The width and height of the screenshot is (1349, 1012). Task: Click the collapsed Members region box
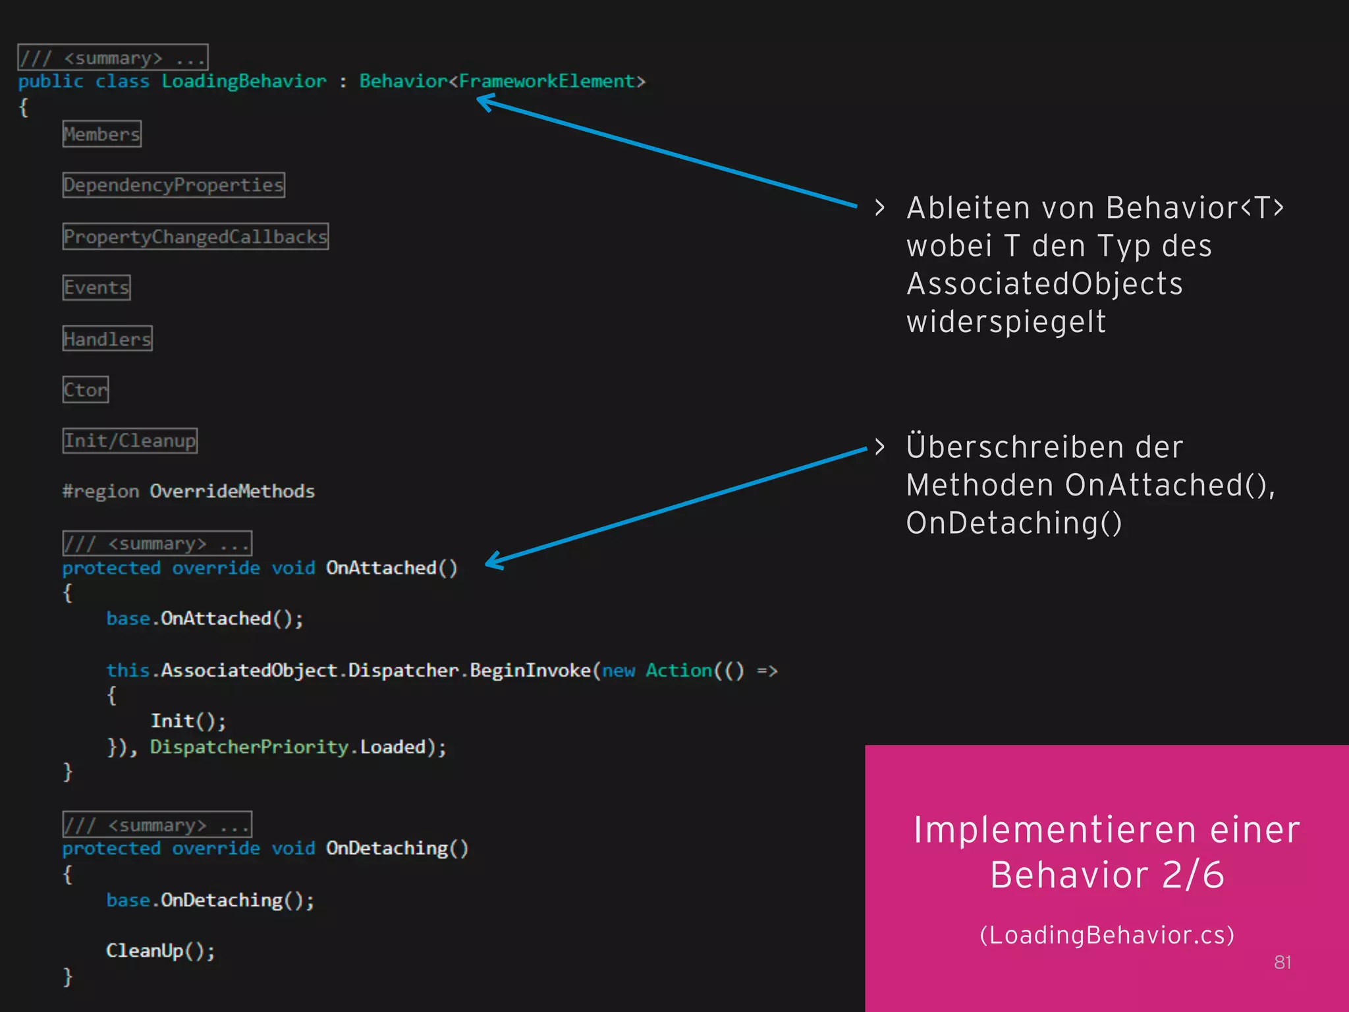(102, 134)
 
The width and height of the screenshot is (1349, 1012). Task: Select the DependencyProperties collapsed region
(174, 185)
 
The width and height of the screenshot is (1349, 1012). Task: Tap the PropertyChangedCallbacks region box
(196, 237)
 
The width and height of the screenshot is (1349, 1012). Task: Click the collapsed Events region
(97, 288)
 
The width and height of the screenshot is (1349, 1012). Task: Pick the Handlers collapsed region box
(107, 339)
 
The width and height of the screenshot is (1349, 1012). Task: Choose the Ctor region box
(86, 390)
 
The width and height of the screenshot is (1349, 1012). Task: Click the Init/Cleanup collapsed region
(130, 441)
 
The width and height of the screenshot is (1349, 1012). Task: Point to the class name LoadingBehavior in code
(244, 82)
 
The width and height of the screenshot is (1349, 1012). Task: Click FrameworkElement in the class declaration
(547, 82)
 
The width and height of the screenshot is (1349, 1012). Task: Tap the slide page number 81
(1282, 963)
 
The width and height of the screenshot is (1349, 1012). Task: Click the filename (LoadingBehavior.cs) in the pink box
(1107, 935)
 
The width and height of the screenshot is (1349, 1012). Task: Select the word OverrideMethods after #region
(232, 492)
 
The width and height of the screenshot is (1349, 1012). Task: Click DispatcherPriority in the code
(249, 747)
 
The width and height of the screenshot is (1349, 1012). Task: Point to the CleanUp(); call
(160, 951)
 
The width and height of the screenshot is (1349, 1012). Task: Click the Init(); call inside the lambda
(188, 721)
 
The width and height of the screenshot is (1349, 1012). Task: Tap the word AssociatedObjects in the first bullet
(1045, 284)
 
